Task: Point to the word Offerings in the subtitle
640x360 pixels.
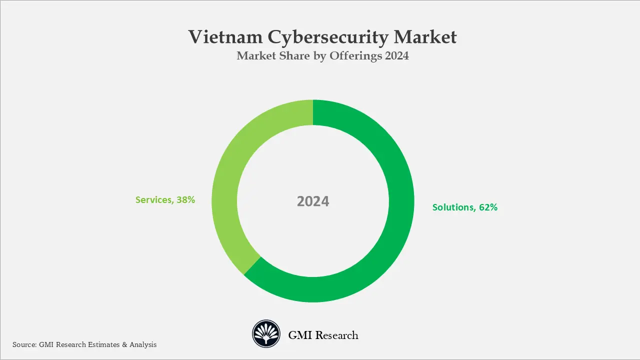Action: coord(355,56)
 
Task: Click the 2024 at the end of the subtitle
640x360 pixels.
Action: coord(397,56)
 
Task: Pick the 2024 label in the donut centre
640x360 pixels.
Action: coord(313,201)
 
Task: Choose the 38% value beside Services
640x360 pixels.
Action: coord(185,200)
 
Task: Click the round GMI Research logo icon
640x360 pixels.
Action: coord(265,334)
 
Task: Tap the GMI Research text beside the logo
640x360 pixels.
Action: coord(323,335)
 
